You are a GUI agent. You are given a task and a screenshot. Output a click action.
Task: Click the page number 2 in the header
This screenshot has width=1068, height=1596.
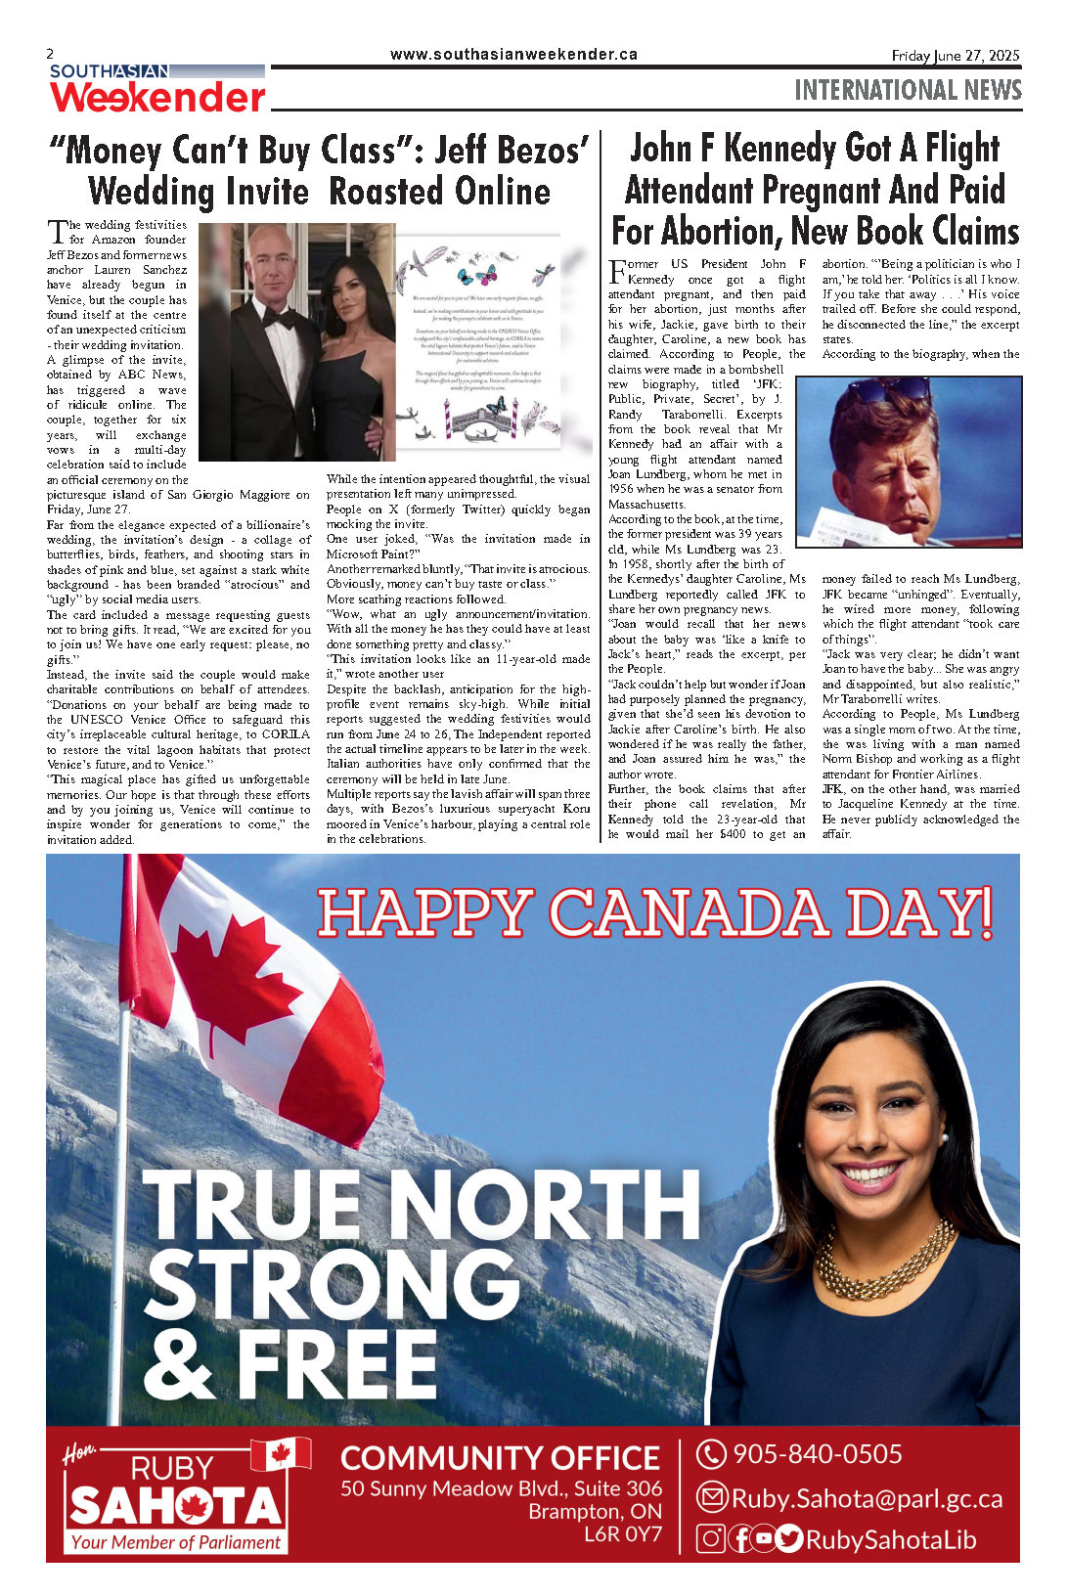click(x=50, y=54)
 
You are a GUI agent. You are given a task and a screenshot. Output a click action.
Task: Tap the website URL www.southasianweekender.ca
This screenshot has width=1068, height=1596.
click(x=513, y=55)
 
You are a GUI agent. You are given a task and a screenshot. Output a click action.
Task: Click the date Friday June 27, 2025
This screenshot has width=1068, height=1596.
click(x=955, y=56)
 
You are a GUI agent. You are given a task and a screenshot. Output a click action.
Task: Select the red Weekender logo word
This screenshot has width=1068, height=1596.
click(x=158, y=97)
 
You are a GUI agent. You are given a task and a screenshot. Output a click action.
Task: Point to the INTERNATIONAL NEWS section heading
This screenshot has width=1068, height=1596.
click(x=908, y=91)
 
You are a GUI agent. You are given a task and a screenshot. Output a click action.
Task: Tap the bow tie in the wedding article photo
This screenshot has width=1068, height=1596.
click(x=279, y=319)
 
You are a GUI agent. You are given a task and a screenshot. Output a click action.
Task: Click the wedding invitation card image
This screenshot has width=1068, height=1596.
click(x=480, y=342)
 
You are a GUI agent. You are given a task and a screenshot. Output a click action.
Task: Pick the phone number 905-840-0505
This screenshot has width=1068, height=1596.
click(x=817, y=1454)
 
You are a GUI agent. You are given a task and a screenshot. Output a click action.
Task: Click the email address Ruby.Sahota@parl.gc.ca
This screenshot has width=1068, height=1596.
click(x=867, y=1498)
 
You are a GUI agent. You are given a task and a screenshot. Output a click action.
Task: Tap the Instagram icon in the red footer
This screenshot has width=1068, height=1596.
click(x=711, y=1539)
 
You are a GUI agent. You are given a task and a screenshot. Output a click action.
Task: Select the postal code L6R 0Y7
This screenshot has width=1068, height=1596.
click(x=623, y=1533)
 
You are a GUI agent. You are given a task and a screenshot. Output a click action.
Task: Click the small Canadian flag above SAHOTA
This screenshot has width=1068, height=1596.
click(x=281, y=1454)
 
